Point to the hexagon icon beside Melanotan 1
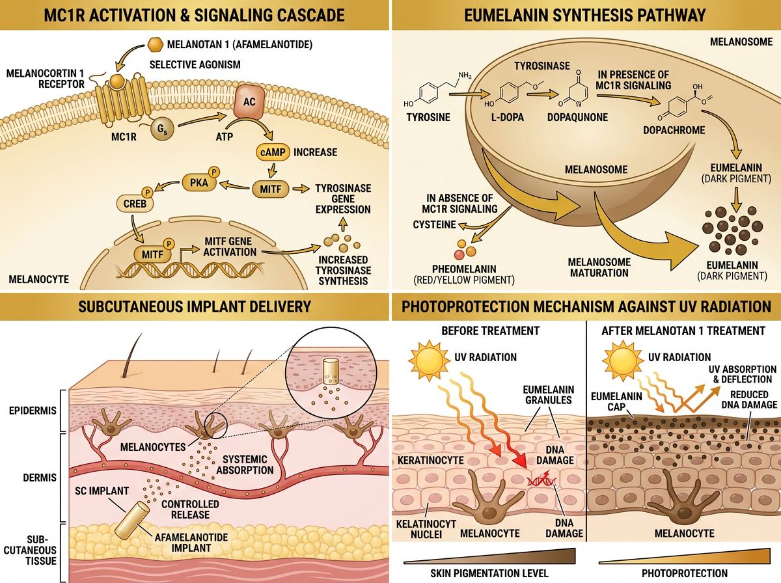(155, 45)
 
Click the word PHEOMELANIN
(454, 269)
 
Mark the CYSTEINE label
(434, 224)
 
